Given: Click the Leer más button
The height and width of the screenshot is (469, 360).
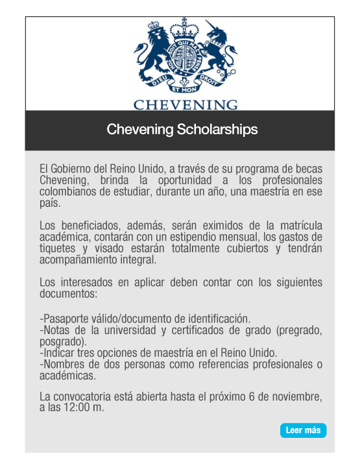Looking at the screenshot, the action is pos(303,431).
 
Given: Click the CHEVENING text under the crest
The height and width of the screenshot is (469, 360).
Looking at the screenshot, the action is pos(186,104).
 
